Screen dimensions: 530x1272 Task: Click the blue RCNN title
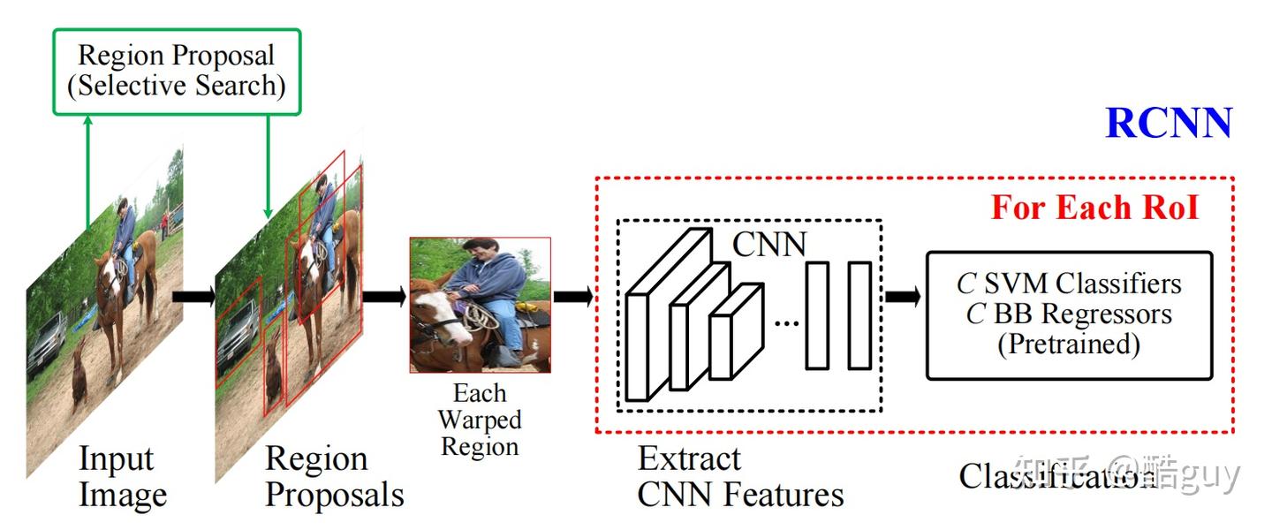coord(1168,124)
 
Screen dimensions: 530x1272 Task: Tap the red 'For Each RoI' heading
coord(1094,208)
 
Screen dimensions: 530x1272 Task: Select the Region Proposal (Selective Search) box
coord(177,72)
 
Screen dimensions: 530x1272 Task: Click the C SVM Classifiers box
coord(1069,314)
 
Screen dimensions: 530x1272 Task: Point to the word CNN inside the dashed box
coord(769,245)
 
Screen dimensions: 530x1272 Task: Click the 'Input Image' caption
coord(122,477)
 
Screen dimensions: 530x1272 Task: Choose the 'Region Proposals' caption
coord(334,477)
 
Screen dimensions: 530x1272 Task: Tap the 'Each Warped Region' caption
coord(480,420)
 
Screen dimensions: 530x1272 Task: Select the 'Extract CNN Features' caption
coord(740,477)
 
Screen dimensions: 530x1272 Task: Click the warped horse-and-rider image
coord(480,305)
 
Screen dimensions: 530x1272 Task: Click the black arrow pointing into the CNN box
coord(573,297)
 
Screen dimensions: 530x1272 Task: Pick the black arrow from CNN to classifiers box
coord(902,297)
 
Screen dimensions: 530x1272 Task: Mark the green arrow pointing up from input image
coord(87,172)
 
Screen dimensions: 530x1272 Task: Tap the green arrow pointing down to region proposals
coord(268,168)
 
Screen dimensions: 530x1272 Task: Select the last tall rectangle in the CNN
coord(859,315)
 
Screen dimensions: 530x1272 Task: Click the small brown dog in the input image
coord(79,375)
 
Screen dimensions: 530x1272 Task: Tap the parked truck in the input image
coord(46,344)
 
